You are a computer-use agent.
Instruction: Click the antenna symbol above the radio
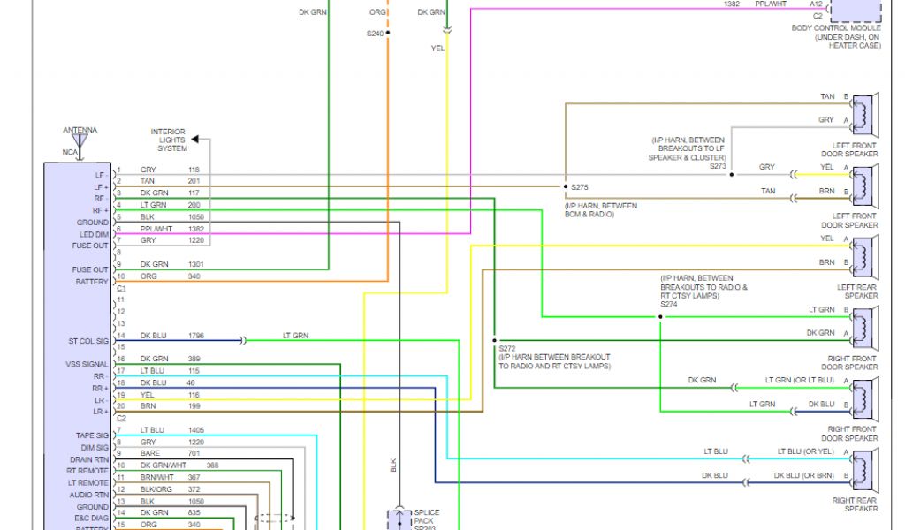coord(80,140)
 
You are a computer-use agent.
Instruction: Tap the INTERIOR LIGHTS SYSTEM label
coord(168,140)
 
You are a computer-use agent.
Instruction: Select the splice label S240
coord(376,33)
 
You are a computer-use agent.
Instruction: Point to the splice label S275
coord(579,187)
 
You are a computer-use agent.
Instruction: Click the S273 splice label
coord(717,166)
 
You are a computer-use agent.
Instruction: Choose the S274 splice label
coord(668,304)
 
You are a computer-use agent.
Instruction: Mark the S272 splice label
coord(506,348)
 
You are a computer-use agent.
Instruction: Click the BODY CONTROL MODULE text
coord(835,28)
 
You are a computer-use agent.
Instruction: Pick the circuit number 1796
coord(195,336)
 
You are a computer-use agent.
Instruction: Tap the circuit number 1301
coord(195,264)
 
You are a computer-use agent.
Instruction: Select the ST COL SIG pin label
coord(88,340)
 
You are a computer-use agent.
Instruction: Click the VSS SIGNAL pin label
coord(87,364)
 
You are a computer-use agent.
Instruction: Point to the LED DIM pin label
coord(93,234)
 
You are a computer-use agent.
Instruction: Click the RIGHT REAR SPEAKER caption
coord(855,504)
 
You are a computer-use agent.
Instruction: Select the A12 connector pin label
coord(815,4)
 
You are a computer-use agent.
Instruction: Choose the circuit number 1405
coord(195,430)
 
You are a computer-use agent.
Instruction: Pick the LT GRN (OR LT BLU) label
coord(799,380)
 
